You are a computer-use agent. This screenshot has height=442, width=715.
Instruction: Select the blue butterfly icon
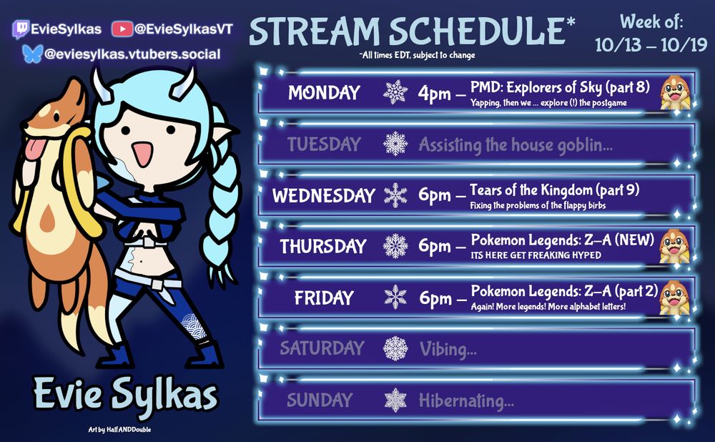coord(32,54)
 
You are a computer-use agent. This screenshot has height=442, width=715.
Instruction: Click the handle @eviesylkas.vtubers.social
coord(132,54)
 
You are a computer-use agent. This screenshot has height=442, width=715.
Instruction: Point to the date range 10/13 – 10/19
coord(651,45)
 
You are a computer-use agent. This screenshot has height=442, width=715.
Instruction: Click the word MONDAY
coord(324,93)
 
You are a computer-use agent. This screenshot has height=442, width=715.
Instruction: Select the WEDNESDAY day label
coord(323,195)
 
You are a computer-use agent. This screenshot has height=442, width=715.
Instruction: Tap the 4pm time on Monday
coord(435,94)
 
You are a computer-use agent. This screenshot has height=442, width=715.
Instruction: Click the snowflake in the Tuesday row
coord(395,144)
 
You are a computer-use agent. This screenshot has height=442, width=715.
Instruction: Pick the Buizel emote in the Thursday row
coord(674,247)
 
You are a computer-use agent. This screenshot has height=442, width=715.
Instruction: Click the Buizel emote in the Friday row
coord(674,298)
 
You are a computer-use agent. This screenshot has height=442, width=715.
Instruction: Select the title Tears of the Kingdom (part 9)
coord(554,190)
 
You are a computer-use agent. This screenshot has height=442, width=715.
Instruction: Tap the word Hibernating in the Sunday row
coord(466,401)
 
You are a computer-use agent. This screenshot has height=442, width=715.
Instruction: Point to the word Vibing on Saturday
coord(448,350)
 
